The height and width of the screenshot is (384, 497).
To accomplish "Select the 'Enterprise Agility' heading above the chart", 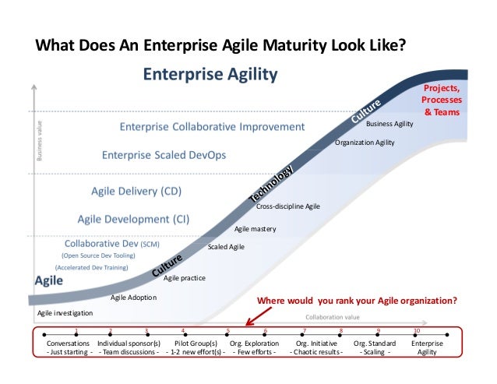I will [210, 76].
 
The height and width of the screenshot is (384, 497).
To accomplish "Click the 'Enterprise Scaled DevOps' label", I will [164, 155].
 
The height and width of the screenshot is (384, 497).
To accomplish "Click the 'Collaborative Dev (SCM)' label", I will [111, 242].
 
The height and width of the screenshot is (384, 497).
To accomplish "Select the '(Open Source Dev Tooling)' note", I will [98, 255].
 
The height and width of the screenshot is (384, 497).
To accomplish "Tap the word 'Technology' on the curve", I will [272, 186].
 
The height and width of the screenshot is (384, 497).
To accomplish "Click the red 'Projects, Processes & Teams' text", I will [441, 100].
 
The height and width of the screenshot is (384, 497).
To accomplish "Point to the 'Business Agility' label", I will [389, 123].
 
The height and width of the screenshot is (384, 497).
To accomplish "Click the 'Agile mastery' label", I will [256, 228].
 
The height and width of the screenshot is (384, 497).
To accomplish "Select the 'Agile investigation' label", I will [65, 312].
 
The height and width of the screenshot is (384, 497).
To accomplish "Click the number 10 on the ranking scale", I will [417, 331].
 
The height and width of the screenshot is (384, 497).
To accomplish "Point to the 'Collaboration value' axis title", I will [333, 317].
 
